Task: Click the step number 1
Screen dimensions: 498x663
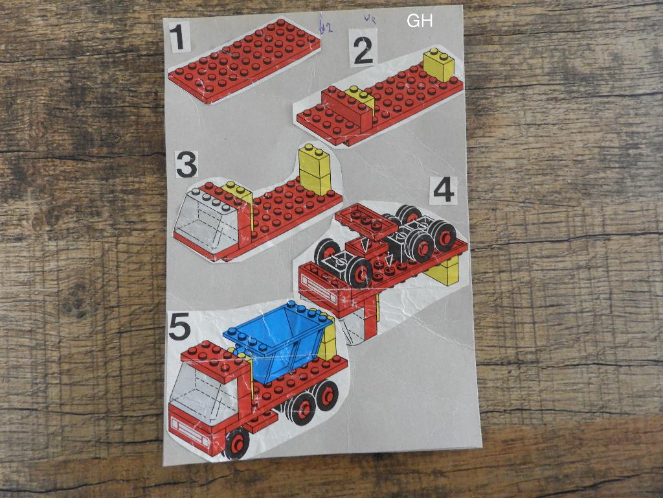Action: pyautogui.click(x=179, y=37)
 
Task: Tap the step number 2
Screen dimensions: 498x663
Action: pyautogui.click(x=363, y=50)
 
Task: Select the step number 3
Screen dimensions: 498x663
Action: pyautogui.click(x=186, y=164)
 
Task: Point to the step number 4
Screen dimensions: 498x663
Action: pyautogui.click(x=444, y=190)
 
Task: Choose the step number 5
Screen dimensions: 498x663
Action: pyautogui.click(x=179, y=326)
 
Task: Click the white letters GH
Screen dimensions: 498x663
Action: pyautogui.click(x=420, y=21)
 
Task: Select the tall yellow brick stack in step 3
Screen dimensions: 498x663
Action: pyautogui.click(x=315, y=170)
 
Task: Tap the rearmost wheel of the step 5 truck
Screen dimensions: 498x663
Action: pyautogui.click(x=326, y=394)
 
